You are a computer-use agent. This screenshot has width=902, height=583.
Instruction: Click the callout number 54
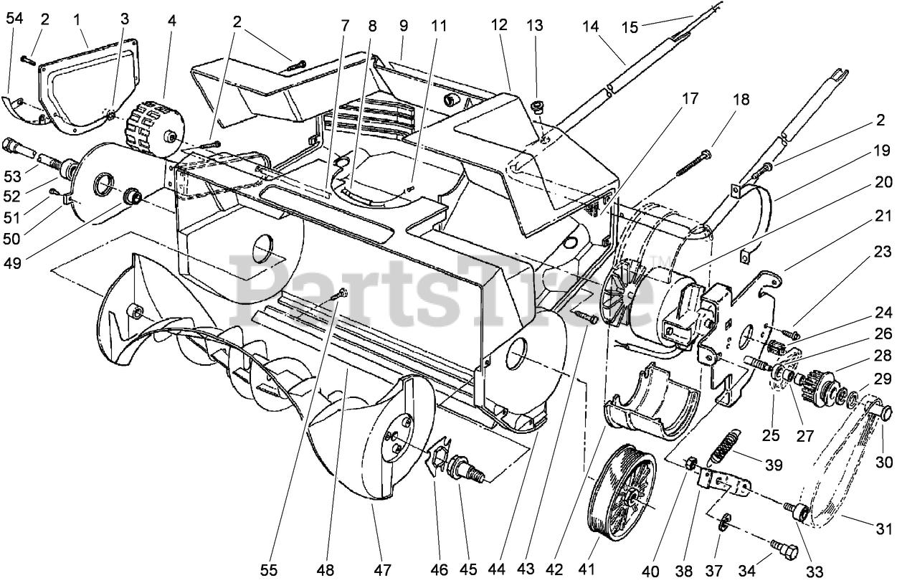(14, 19)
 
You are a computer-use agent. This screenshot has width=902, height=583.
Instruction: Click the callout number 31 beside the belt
(884, 529)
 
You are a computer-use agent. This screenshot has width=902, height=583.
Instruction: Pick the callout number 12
(500, 26)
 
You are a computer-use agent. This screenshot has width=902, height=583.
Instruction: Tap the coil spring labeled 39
(723, 446)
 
